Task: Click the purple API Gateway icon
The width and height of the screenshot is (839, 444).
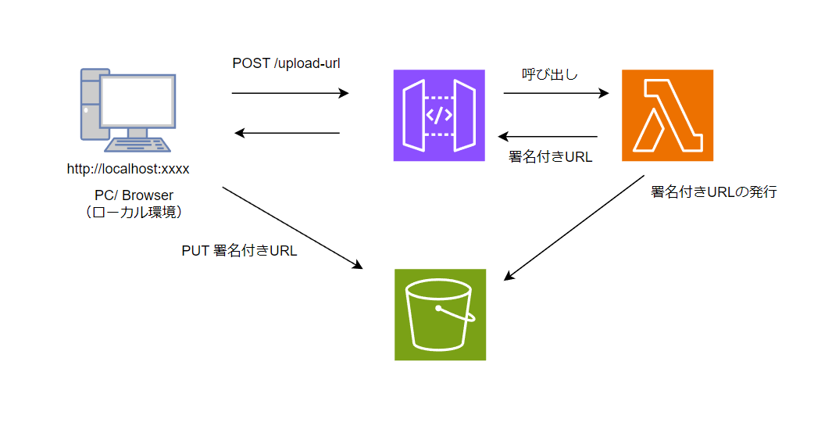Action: click(x=439, y=116)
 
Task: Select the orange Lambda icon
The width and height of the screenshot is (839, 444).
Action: click(x=667, y=116)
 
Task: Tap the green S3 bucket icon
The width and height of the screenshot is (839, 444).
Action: click(x=440, y=314)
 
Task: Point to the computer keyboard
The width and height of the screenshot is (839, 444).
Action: click(x=139, y=145)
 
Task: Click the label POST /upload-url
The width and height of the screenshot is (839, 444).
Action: click(x=286, y=63)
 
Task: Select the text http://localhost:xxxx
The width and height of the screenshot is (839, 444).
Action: click(x=128, y=168)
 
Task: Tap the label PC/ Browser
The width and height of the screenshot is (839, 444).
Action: click(x=128, y=195)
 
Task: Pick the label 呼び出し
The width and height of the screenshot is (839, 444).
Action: click(x=550, y=75)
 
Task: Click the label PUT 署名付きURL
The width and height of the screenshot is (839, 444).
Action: click(x=239, y=252)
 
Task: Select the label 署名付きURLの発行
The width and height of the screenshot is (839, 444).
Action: click(x=714, y=192)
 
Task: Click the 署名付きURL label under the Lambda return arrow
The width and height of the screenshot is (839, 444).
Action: click(x=550, y=156)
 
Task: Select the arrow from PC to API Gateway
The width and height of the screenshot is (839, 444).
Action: click(x=290, y=94)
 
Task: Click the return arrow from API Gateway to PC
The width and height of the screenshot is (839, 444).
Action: click(x=287, y=133)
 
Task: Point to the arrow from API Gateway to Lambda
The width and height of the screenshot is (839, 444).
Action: click(x=555, y=94)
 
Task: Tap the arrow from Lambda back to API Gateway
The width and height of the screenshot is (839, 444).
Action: click(x=548, y=137)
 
